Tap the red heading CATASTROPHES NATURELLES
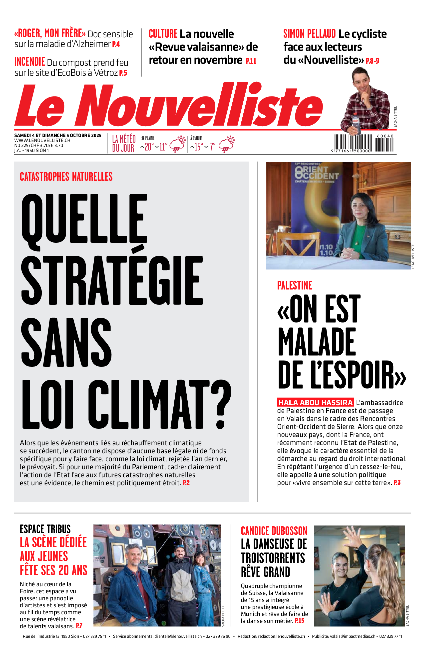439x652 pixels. click(x=66, y=177)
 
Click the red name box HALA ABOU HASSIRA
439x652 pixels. click(x=315, y=402)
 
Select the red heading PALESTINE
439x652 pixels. click(x=294, y=285)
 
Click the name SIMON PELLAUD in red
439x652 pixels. click(x=309, y=34)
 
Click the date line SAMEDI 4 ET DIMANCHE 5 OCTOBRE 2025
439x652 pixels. click(x=58, y=135)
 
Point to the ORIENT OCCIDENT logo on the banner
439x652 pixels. click(x=317, y=172)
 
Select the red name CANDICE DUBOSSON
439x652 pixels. click(x=274, y=531)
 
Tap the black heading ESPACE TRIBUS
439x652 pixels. click(x=45, y=529)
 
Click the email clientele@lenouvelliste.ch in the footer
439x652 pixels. click(x=178, y=636)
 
